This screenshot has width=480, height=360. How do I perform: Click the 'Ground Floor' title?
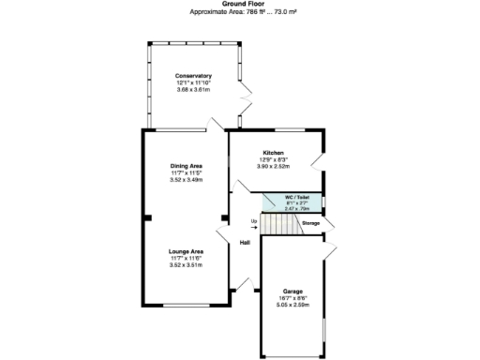point(240,4)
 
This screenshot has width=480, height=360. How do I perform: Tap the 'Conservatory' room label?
point(194,76)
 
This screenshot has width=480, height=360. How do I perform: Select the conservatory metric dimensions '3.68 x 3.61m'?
point(194,89)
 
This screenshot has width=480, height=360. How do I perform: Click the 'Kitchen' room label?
point(273,152)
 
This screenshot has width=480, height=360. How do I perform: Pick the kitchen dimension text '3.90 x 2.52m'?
point(273,166)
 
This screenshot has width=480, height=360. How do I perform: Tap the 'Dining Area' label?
point(187,166)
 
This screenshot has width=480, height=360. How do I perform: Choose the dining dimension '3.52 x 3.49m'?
point(187,179)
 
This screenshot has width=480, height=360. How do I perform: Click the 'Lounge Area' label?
point(186,251)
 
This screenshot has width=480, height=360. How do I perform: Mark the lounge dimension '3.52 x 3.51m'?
point(186,265)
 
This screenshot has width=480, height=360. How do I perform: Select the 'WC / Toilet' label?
point(297,197)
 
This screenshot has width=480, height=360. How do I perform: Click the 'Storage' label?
point(310,223)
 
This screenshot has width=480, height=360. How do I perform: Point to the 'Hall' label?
point(245,243)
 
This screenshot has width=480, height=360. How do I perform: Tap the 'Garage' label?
point(292,291)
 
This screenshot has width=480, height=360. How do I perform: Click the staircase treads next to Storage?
point(277,225)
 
